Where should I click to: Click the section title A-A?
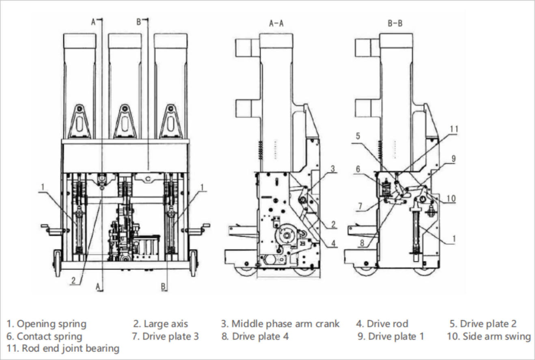click(276, 24)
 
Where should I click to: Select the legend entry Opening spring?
click(46, 324)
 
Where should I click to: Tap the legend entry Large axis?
click(161, 324)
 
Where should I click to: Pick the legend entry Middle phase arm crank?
click(280, 324)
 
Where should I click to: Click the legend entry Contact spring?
click(44, 336)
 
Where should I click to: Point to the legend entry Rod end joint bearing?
click(63, 348)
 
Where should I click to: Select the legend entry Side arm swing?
click(489, 336)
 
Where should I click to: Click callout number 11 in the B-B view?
click(454, 129)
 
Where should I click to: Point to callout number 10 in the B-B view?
click(451, 198)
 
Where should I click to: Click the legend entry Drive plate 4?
click(255, 336)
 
